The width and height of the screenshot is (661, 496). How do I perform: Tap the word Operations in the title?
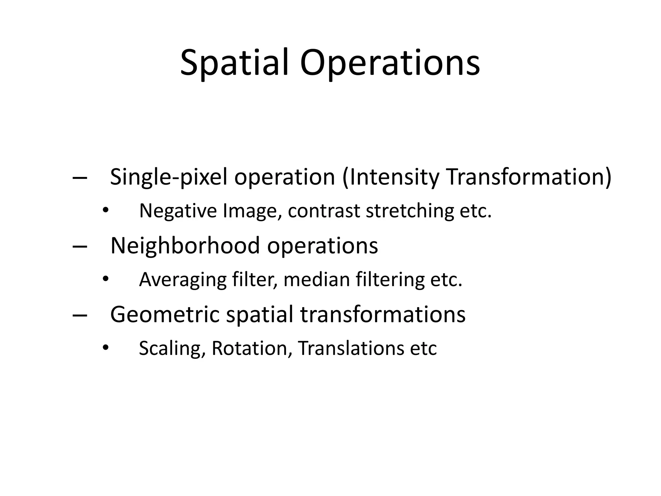[x=390, y=63]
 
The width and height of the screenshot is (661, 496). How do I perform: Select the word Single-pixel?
[x=168, y=178]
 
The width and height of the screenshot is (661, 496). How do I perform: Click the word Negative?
[x=178, y=211]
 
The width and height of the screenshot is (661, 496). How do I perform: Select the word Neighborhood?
[x=185, y=246]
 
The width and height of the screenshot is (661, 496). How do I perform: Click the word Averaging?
[x=183, y=280]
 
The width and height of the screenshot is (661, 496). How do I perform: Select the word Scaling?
[x=172, y=348]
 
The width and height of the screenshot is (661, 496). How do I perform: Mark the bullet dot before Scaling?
[x=105, y=348]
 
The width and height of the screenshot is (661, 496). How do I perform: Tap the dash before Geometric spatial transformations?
[x=80, y=315]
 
